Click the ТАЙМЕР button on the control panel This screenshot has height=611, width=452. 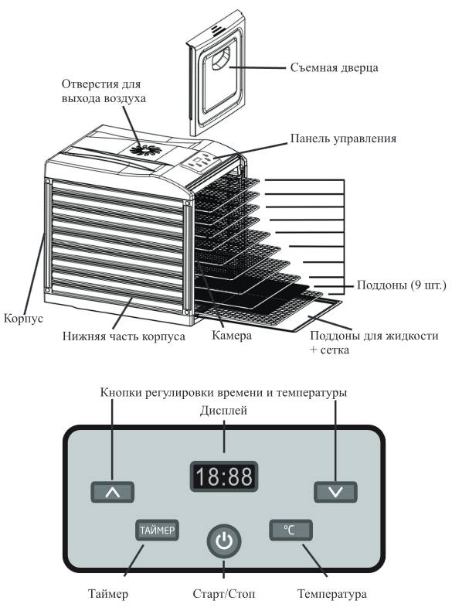tap(157, 530)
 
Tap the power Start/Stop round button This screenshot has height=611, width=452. tap(224, 541)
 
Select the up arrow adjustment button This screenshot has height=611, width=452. tap(113, 492)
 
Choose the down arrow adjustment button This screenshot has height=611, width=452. tap(335, 492)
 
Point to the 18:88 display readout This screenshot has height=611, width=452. tap(224, 476)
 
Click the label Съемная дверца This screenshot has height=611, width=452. tap(334, 67)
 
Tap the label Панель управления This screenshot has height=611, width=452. tap(343, 138)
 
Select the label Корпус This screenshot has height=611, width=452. tap(23, 319)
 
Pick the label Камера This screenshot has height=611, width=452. tap(232, 335)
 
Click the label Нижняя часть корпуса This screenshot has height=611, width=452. tap(124, 336)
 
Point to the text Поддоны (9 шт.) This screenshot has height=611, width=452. tap(401, 285)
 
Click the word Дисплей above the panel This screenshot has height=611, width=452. tap(224, 411)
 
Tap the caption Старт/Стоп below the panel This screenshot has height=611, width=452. tap(224, 594)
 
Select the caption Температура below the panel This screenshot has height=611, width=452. tap(331, 594)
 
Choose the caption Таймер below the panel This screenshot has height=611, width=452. tap(108, 594)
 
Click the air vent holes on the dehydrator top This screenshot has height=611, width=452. tap(145, 150)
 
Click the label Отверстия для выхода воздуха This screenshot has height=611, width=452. tap(104, 91)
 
